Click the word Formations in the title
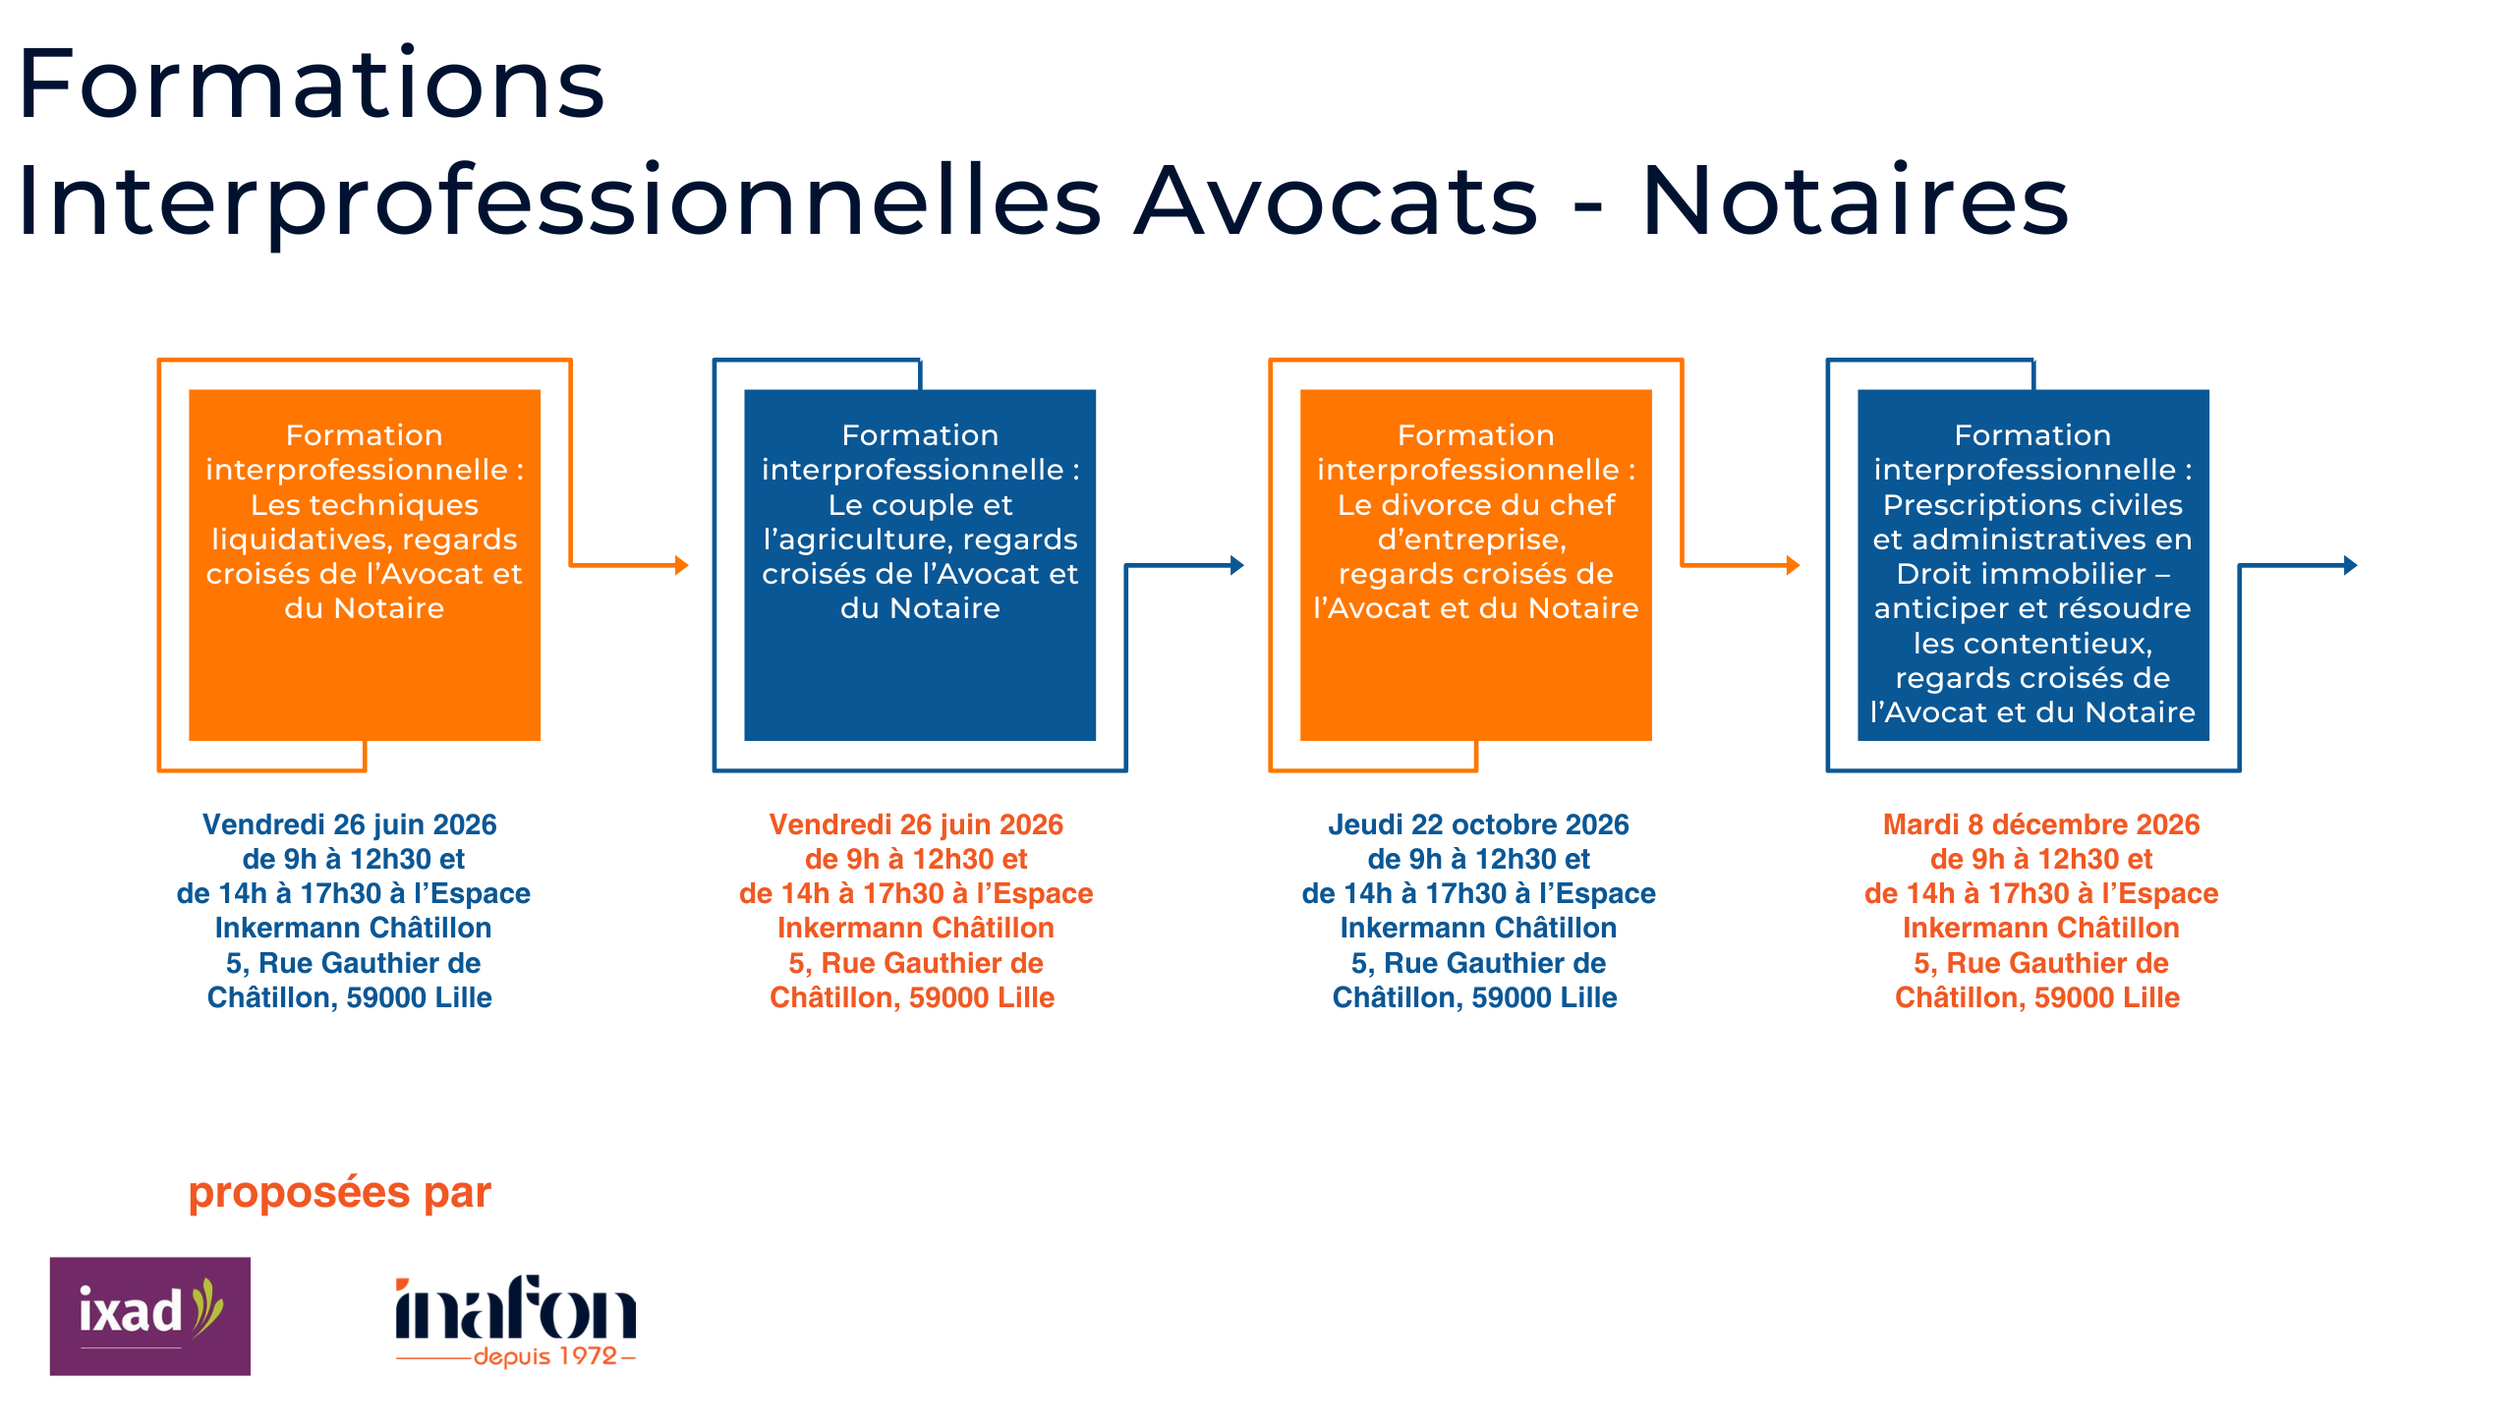[x=312, y=85]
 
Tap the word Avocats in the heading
[x=1336, y=200]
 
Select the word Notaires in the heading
[x=1856, y=200]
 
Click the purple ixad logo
[x=150, y=1316]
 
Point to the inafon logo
[x=516, y=1320]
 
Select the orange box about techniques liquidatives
[x=365, y=565]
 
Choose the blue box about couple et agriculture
[x=920, y=565]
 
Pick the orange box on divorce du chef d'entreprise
[x=1476, y=565]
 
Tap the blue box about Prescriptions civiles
[x=2033, y=565]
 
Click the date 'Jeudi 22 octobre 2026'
[x=1478, y=824]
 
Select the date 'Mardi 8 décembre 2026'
[x=2041, y=824]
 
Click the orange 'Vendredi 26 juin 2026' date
[x=916, y=824]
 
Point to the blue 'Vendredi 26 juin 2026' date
[x=350, y=824]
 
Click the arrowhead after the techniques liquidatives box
[x=682, y=565]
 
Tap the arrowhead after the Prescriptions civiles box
[x=2351, y=565]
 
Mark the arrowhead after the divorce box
[x=1794, y=565]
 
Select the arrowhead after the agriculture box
[x=1238, y=565]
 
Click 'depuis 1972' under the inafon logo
[x=545, y=1357]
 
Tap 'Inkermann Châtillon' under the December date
[x=2041, y=928]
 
